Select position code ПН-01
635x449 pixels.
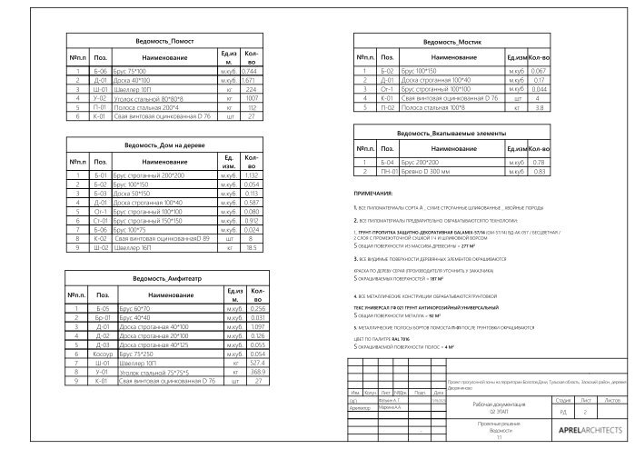click(x=389, y=171)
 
